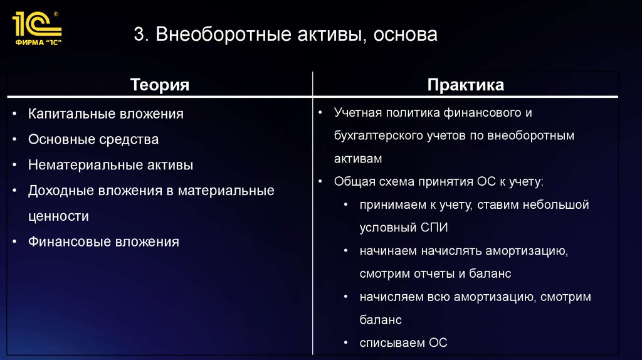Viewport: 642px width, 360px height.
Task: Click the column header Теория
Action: pos(159,85)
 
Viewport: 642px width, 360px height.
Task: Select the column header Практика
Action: pos(465,85)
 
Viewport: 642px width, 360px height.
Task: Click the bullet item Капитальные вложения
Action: pos(105,114)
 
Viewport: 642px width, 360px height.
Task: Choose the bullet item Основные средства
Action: pos(93,139)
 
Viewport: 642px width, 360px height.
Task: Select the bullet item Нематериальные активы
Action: pos(110,165)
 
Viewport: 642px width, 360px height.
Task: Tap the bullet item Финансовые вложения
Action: pos(103,241)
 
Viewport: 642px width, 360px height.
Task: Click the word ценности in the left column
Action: pos(58,216)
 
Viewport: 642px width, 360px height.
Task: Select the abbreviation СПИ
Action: pos(434,228)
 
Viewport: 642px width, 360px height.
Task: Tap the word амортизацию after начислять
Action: pos(525,251)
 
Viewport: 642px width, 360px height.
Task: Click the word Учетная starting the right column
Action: pos(359,113)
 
